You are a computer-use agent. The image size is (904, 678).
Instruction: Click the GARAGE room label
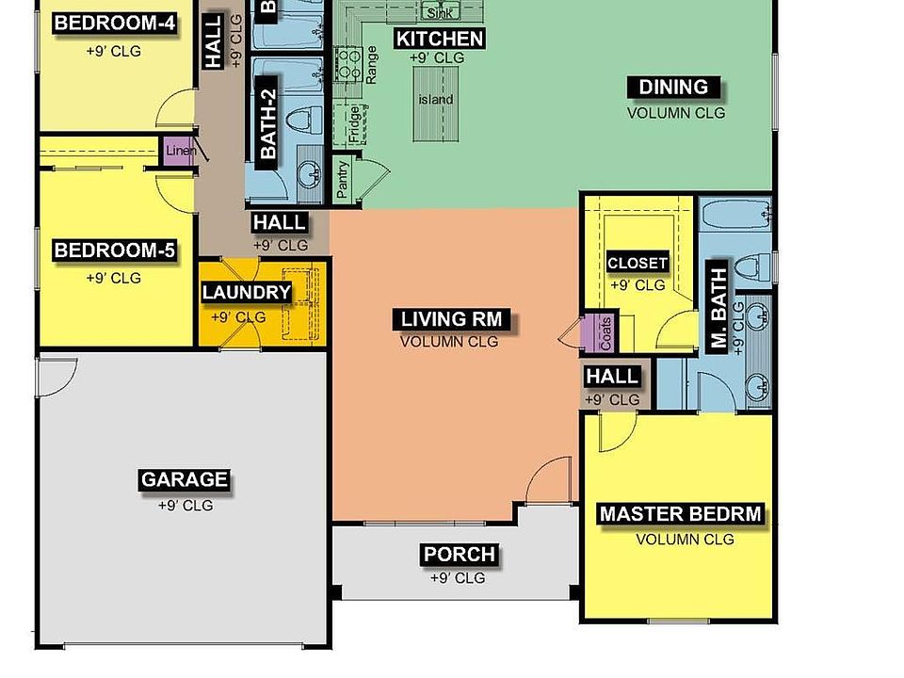pyautogui.click(x=185, y=479)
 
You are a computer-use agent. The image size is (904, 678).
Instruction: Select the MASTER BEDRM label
pyautogui.click(x=681, y=514)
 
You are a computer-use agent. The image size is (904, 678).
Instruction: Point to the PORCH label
pyautogui.click(x=459, y=555)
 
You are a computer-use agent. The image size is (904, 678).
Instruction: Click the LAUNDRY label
pyautogui.click(x=246, y=293)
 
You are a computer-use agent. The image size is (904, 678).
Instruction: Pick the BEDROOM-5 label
pyautogui.click(x=114, y=250)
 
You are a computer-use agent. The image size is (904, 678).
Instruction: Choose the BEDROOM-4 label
pyautogui.click(x=114, y=24)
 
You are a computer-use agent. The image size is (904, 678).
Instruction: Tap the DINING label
pyautogui.click(x=673, y=88)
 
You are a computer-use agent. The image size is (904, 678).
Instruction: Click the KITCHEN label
pyautogui.click(x=440, y=39)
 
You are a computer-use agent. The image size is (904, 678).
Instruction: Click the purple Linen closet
pyautogui.click(x=178, y=152)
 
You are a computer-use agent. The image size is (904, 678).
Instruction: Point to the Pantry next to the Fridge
pyautogui.click(x=344, y=179)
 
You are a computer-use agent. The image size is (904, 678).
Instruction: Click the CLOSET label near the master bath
pyautogui.click(x=638, y=263)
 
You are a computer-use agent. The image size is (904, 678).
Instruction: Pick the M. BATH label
pyautogui.click(x=718, y=307)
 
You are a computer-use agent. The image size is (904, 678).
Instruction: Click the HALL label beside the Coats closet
pyautogui.click(x=613, y=377)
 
